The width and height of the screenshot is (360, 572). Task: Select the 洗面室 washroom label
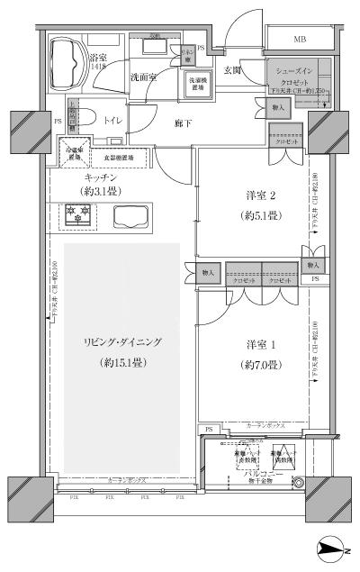143,77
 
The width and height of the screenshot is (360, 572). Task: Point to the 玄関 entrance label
232,70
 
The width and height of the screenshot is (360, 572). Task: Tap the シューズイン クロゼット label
293,77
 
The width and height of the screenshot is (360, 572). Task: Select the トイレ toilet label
113,118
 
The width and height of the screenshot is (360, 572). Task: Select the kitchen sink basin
132,215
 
